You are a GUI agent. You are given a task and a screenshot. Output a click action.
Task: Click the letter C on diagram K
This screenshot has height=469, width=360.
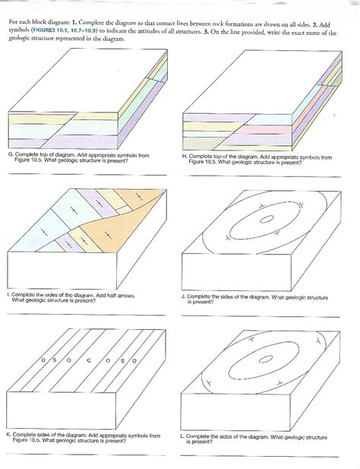tap(89, 361)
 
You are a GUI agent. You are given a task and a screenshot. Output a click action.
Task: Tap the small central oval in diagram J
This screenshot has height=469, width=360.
tap(266, 219)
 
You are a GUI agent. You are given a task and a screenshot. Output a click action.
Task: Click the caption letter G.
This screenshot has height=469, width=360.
tap(11, 154)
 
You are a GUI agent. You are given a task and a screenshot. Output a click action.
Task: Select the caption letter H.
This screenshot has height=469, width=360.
tap(185, 156)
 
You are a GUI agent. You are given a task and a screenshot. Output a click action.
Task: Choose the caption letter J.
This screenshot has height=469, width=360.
tap(184, 296)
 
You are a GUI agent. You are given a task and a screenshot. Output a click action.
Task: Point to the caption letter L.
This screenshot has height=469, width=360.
tap(182, 436)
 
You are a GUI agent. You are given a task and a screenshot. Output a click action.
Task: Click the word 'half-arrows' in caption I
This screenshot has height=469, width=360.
tap(123, 296)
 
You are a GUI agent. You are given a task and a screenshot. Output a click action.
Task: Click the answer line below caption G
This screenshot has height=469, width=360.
tap(87, 174)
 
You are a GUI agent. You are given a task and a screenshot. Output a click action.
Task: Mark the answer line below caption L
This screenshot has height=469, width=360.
tap(260, 456)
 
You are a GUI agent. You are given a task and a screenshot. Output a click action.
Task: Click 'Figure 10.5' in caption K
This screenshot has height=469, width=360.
tap(26, 441)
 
